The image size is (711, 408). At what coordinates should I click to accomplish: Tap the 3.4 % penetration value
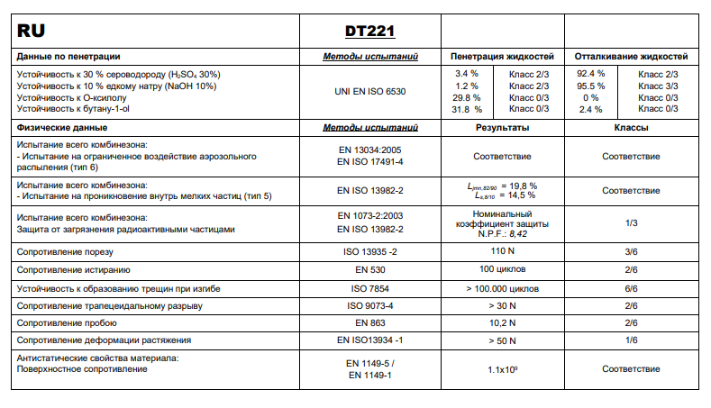pyautogui.click(x=467, y=73)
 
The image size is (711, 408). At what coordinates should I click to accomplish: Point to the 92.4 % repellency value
pyautogui.click(x=590, y=73)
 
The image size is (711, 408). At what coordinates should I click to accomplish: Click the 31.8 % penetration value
pyautogui.click(x=467, y=109)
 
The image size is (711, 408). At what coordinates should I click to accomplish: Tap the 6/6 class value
pyautogui.click(x=631, y=288)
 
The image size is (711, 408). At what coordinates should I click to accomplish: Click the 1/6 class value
pyautogui.click(x=631, y=340)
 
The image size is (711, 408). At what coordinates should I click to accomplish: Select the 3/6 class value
pyautogui.click(x=631, y=251)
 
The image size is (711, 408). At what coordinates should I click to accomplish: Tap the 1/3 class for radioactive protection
pyautogui.click(x=631, y=223)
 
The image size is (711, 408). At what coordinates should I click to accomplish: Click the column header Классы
pyautogui.click(x=631, y=128)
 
